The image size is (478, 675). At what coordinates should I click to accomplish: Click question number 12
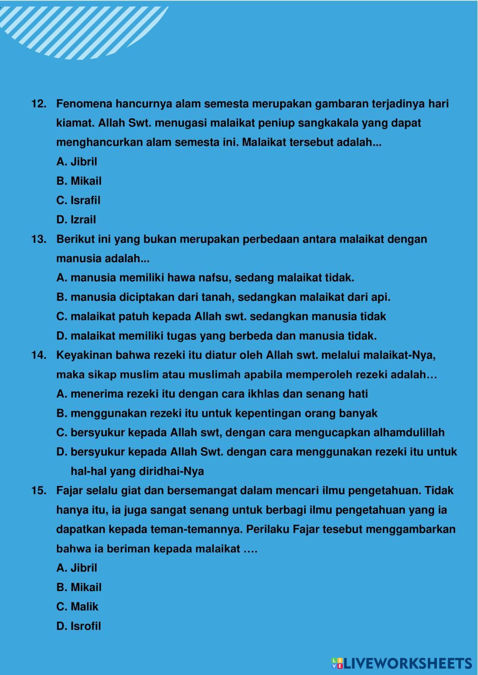(38, 104)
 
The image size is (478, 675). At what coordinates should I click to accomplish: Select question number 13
(38, 239)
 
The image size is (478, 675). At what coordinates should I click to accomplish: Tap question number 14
(38, 356)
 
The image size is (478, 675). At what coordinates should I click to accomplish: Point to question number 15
(38, 491)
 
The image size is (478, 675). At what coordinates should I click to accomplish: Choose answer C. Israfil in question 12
(78, 200)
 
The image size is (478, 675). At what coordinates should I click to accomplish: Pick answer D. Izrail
(76, 220)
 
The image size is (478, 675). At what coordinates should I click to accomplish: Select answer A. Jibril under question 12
(76, 162)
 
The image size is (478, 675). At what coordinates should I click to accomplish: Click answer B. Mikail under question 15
(79, 588)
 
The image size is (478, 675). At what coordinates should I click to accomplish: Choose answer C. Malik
(77, 607)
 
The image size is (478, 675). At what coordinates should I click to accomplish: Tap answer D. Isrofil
(79, 626)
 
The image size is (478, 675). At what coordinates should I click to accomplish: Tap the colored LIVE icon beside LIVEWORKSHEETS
(337, 663)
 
